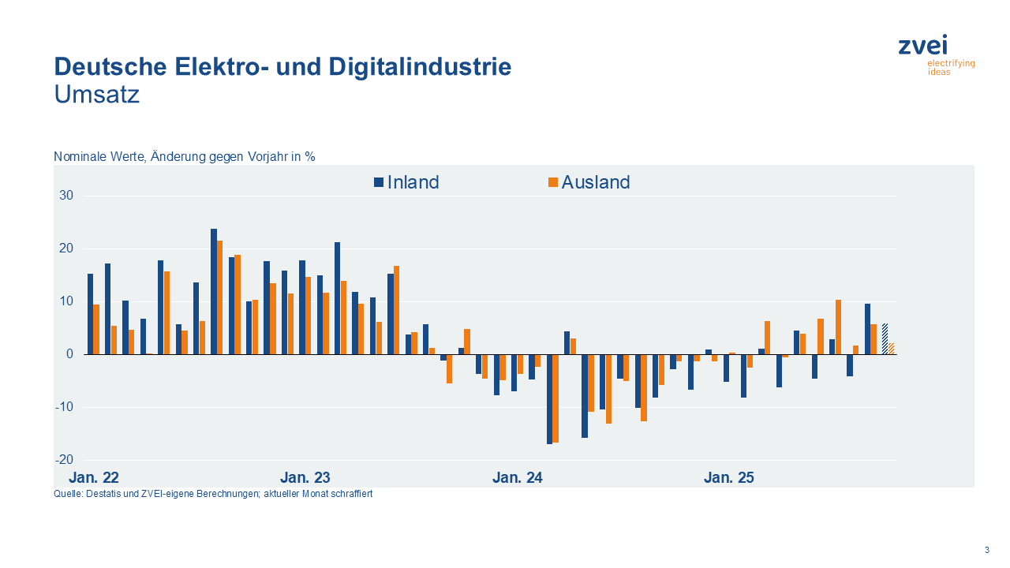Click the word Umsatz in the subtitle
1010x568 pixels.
(97, 95)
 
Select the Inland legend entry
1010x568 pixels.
(406, 182)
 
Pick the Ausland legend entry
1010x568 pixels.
(589, 182)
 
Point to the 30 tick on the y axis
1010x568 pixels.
(66, 196)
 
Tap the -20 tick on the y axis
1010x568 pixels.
(65, 460)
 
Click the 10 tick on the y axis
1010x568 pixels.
(66, 301)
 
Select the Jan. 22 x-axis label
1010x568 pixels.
(94, 477)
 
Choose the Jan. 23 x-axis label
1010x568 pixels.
(305, 477)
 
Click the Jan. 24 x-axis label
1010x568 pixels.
(518, 477)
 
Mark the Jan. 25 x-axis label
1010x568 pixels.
(729, 477)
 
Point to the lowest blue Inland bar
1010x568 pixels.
(549, 399)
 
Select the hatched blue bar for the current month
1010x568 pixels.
(885, 339)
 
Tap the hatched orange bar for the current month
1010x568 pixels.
(891, 349)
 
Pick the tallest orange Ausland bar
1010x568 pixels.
(220, 297)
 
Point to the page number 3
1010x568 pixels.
(986, 550)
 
